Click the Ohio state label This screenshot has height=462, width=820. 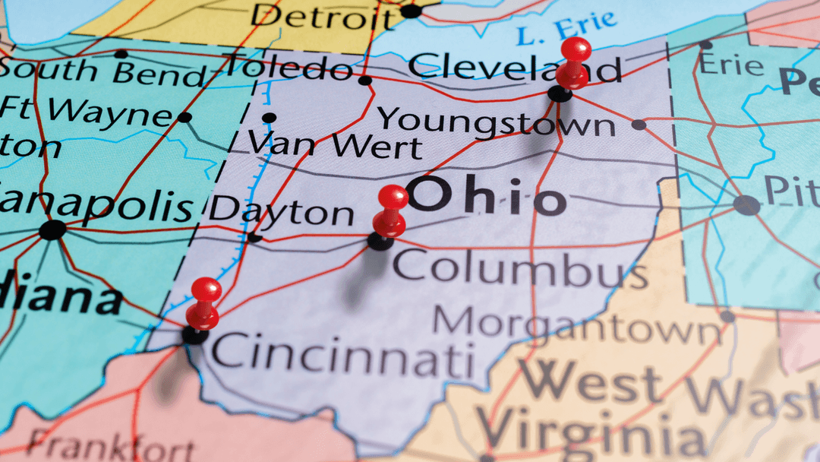coord(486,198)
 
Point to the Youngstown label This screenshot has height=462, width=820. coord(497,121)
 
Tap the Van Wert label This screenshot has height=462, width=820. coord(334,143)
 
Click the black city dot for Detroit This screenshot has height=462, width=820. coord(411,11)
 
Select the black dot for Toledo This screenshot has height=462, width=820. coord(365,80)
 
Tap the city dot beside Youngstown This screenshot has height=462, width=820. coord(639,124)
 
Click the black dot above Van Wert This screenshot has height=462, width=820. coord(269,118)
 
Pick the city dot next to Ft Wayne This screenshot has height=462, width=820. coord(184,117)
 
